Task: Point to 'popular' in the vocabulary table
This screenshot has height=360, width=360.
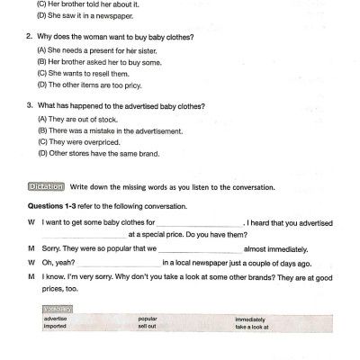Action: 148,319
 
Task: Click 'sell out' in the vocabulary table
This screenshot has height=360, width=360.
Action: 147,326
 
